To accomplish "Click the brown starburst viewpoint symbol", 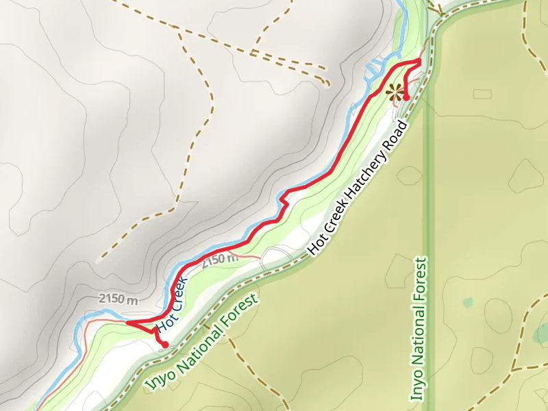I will tap(394, 91).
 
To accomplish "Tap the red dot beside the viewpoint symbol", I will tap(406, 97).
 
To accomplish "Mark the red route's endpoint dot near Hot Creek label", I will tap(164, 344).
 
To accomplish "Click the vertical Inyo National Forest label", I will tap(419, 329).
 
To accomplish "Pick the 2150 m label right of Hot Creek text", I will tap(220, 260).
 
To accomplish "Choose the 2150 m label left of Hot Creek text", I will tap(119, 299).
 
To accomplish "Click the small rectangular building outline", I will tap(482, 93).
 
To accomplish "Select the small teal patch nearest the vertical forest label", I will tap(468, 302).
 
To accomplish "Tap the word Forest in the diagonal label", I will tap(243, 309).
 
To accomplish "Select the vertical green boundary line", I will tap(427, 206).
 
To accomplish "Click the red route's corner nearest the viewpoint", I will tap(419, 62).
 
